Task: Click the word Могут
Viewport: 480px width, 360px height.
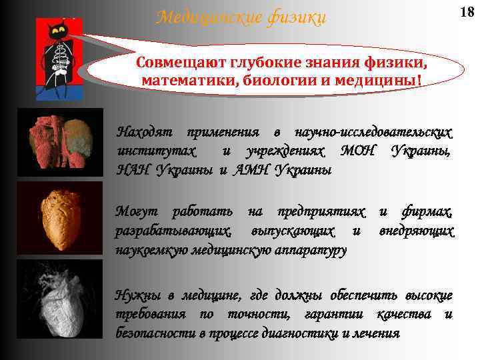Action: pyautogui.click(x=137, y=213)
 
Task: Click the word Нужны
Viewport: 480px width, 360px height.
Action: pyautogui.click(x=137, y=296)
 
